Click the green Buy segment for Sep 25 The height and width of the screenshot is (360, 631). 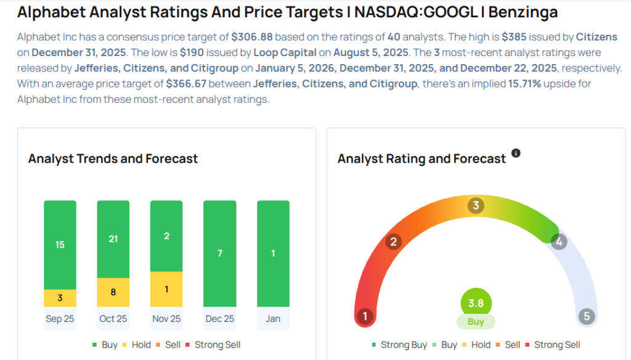(60, 245)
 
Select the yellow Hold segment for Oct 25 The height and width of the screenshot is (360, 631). (113, 292)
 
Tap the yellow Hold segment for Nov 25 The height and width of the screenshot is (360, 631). (166, 289)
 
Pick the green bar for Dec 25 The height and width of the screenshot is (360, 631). (220, 253)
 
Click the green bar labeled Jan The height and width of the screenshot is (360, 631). (273, 253)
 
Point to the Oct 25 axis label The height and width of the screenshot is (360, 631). (113, 319)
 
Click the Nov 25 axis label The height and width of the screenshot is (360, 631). (166, 319)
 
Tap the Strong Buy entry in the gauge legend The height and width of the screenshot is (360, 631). (399, 345)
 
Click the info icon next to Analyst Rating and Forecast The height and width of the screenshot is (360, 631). (516, 153)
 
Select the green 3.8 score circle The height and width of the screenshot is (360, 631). (476, 303)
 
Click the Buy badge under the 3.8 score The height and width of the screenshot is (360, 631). (476, 321)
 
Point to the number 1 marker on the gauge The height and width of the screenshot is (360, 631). (365, 317)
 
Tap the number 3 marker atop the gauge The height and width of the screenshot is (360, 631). (475, 205)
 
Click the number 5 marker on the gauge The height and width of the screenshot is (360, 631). (586, 317)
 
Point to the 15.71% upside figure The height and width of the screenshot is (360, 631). (519, 84)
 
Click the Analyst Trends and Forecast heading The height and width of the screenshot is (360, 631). (113, 158)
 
